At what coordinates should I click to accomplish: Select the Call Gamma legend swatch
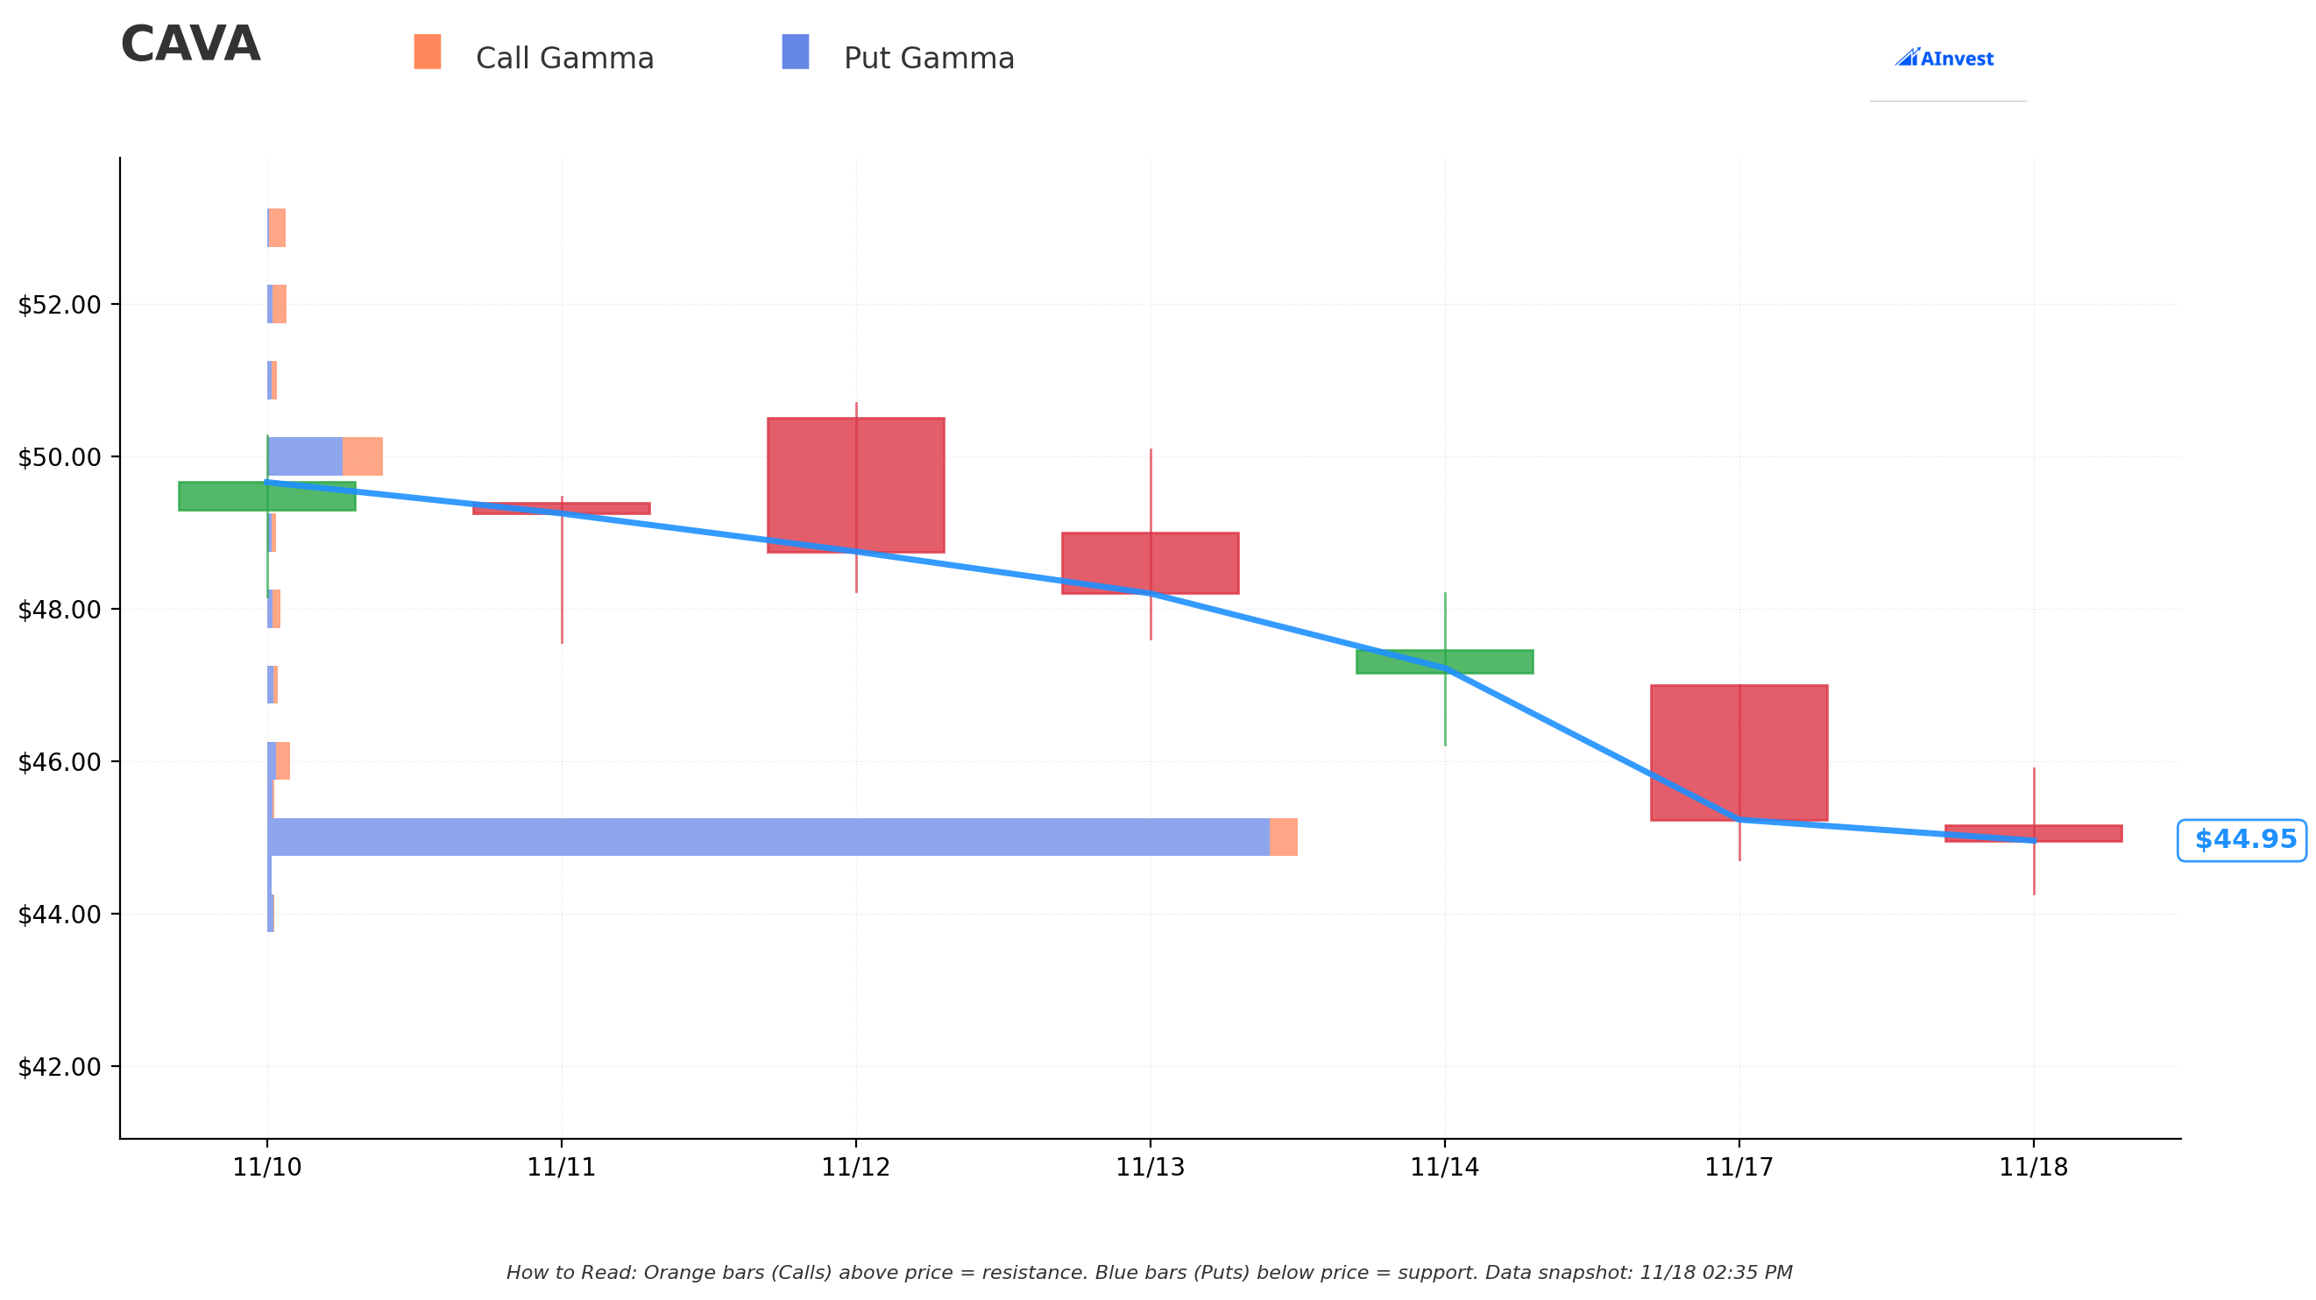pyautogui.click(x=427, y=53)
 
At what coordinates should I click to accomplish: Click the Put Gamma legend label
pyautogui.click(x=928, y=59)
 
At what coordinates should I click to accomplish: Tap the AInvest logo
pyautogui.click(x=1944, y=59)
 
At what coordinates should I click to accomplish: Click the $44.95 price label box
pyautogui.click(x=2241, y=840)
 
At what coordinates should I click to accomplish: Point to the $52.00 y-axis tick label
pyautogui.click(x=60, y=305)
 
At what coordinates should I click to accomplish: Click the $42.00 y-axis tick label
pyautogui.click(x=60, y=1067)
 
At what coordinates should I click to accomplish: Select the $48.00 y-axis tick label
pyautogui.click(x=60, y=610)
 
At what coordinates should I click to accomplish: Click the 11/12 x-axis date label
pyautogui.click(x=855, y=1167)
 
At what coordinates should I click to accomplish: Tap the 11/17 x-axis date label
pyautogui.click(x=1739, y=1167)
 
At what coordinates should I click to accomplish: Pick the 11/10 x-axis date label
pyautogui.click(x=267, y=1167)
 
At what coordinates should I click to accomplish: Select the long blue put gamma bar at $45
pyautogui.click(x=768, y=837)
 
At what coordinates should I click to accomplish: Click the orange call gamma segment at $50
pyautogui.click(x=362, y=456)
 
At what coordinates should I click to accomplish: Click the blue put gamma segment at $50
pyautogui.click(x=306, y=456)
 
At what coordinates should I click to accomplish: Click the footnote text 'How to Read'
pyautogui.click(x=1148, y=1273)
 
